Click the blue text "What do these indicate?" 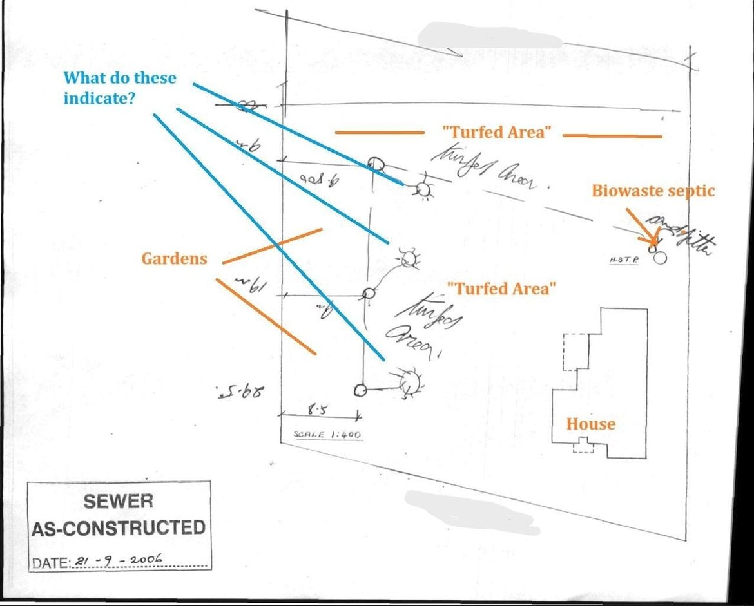click(x=119, y=88)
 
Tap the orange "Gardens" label click(x=174, y=259)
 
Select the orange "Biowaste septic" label click(x=653, y=191)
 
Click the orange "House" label click(x=590, y=424)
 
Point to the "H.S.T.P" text click(x=624, y=260)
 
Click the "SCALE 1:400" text click(x=327, y=435)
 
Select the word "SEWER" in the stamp click(x=118, y=501)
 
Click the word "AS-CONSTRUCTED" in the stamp click(x=118, y=528)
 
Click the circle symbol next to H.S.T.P click(x=659, y=258)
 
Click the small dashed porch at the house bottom click(x=583, y=445)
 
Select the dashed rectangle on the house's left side click(x=576, y=352)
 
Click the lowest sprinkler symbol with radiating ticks click(x=409, y=383)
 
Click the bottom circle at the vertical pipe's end click(x=360, y=390)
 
